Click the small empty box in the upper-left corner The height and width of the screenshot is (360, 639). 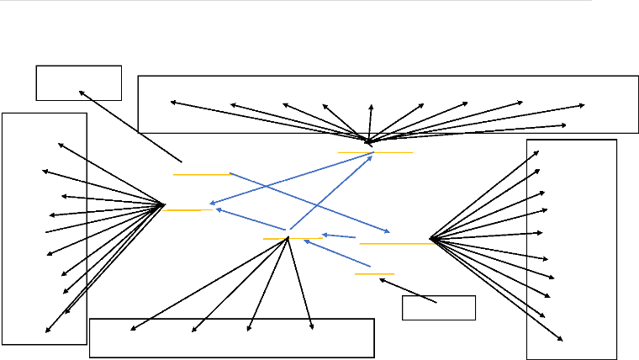click(x=79, y=82)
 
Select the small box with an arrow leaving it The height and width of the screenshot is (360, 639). click(x=439, y=308)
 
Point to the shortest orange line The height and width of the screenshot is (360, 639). click(x=374, y=273)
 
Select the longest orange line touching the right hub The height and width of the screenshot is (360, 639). click(x=395, y=243)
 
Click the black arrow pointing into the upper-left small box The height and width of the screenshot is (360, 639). click(x=130, y=125)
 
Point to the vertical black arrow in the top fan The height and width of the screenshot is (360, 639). click(x=370, y=122)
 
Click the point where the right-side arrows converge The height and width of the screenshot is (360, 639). click(x=430, y=240)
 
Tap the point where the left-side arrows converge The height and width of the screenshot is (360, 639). click(x=163, y=204)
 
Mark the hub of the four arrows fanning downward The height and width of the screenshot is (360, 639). click(x=288, y=239)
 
